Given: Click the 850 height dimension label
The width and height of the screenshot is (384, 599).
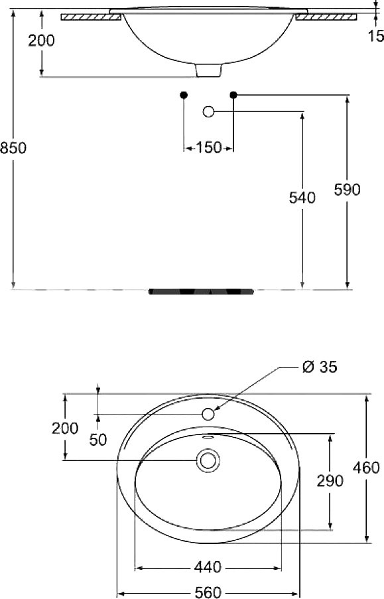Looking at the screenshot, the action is coord(13,148).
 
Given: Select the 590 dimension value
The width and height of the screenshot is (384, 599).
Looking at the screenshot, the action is coord(347,190).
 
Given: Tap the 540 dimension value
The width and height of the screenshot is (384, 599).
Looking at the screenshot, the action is coord(302,198).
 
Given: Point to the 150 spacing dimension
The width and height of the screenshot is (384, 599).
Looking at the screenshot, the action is coord(209,147).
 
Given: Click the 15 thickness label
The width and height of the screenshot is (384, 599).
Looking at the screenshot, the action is coord(376,36).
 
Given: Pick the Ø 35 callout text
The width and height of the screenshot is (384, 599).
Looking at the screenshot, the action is coord(320,367).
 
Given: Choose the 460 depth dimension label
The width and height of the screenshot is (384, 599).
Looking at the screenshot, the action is coord(366,468).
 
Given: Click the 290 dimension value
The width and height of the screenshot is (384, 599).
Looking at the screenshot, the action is coord(330,481).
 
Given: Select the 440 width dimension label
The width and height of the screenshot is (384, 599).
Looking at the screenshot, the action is coord(208,567).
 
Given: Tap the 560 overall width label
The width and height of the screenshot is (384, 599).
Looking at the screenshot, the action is coord(208,592).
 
